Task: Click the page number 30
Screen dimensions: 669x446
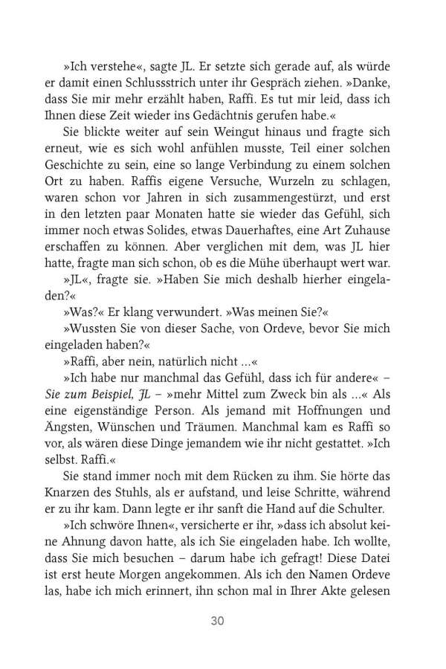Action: click(x=223, y=619)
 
